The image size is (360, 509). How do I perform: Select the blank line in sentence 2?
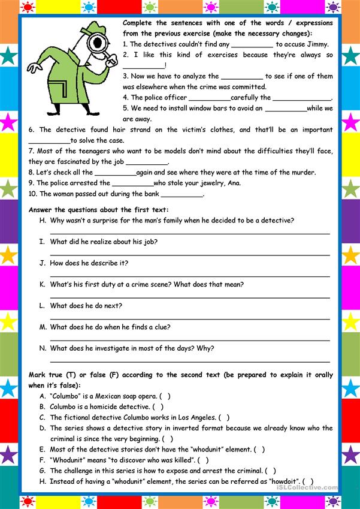point(143,66)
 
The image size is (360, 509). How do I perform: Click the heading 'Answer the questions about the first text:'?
point(99,210)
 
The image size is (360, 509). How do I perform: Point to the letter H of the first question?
point(43,221)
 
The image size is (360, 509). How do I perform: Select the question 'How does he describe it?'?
point(89,263)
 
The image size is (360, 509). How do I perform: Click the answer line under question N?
point(189,362)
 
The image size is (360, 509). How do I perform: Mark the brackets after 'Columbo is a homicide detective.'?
point(158,407)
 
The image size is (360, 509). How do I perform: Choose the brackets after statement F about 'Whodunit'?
point(203,460)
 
